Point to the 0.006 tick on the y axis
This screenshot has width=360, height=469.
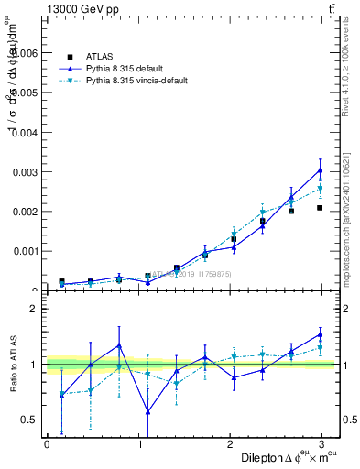point(24,53)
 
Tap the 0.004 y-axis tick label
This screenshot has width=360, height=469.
point(24,132)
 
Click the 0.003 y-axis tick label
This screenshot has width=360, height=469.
point(24,171)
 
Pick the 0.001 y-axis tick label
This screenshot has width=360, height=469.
point(24,250)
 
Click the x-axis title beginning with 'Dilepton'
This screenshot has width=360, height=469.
point(289,457)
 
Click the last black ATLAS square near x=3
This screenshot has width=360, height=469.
point(320,208)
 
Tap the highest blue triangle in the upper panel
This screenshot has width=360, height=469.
point(320,170)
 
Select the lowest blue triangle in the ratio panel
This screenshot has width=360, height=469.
point(147,411)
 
